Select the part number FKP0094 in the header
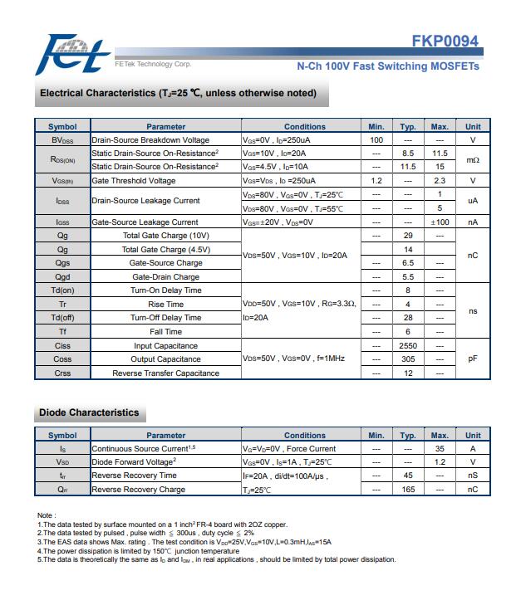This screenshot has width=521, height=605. [x=445, y=42]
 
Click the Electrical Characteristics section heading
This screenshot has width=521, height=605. [x=178, y=93]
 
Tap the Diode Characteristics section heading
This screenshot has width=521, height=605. [x=89, y=412]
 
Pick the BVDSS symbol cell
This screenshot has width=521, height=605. [x=62, y=140]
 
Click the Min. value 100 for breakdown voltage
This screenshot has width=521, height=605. [x=376, y=140]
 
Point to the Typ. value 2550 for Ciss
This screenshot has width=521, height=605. [x=408, y=345]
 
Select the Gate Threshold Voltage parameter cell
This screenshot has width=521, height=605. [x=134, y=180]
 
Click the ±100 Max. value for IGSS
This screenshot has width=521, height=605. [x=440, y=222]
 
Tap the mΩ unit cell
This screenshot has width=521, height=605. [x=473, y=160]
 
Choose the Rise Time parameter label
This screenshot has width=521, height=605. [x=165, y=304]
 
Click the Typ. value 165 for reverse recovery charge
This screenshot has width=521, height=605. [x=408, y=490]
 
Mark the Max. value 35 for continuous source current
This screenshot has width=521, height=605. [x=440, y=448]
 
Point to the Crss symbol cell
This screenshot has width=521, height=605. [x=62, y=373]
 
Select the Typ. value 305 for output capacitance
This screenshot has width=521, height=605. [x=408, y=359]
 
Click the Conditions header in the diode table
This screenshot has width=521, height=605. [x=305, y=435]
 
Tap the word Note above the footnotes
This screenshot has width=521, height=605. [x=47, y=515]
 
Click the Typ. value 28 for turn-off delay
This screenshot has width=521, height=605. [x=408, y=318]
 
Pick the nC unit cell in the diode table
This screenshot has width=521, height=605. [x=473, y=490]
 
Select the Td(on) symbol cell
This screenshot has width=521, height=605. [x=62, y=290]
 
